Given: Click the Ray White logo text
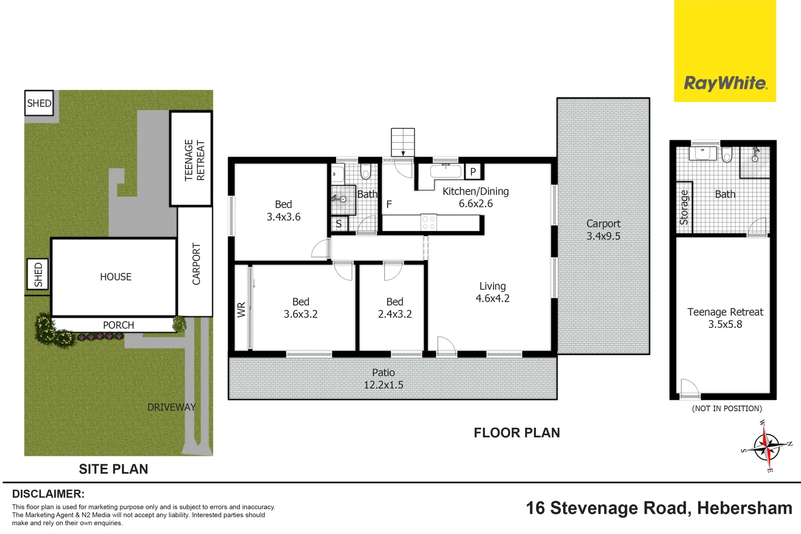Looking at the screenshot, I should tap(725, 83).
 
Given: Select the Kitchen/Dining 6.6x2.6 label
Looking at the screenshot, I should tap(475, 197).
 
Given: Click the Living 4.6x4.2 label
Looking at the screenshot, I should tap(492, 292).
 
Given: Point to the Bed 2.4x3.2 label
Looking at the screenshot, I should tap(395, 308).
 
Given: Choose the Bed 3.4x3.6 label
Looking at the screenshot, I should tap(283, 210).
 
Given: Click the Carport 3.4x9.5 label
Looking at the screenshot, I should tap(603, 230).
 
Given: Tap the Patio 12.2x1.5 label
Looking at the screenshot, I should tap(383, 379).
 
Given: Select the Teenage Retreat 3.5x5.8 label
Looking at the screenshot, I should tap(725, 318).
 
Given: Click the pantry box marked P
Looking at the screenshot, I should tap(473, 172).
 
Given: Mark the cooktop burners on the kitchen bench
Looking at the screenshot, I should tap(429, 222).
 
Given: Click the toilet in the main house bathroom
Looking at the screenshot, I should tap(365, 171).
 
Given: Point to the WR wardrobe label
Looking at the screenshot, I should tap(241, 310).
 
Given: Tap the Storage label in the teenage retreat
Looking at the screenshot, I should tap(684, 207).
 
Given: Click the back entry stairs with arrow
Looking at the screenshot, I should tap(402, 142).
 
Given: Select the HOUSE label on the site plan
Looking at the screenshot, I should tap(116, 277).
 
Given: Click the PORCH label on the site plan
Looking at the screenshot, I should tap(118, 325).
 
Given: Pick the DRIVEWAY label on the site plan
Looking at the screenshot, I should tap(171, 407).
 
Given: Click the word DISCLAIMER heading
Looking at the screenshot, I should tap(48, 493).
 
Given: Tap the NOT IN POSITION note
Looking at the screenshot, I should tap(726, 408).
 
